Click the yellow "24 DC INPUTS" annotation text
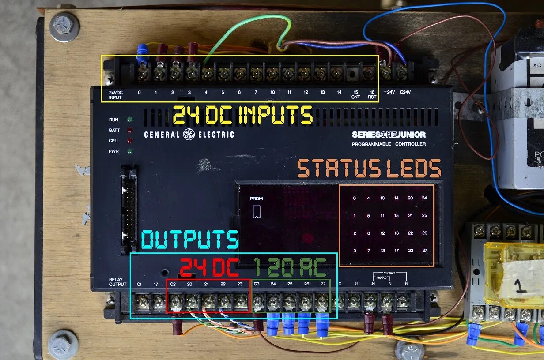(x=242, y=116)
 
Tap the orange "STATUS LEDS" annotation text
(x=369, y=169)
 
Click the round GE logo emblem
(x=189, y=135)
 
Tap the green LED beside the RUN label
(x=130, y=120)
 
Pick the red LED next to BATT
(x=130, y=131)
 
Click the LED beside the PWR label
(x=130, y=151)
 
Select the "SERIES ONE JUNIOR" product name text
(x=389, y=135)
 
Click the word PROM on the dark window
(x=256, y=199)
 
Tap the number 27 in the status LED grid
(x=424, y=251)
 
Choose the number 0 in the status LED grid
(x=354, y=198)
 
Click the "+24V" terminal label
(x=389, y=92)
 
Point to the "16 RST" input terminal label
(x=372, y=94)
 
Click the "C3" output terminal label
(x=257, y=284)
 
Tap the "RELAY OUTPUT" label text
(x=117, y=282)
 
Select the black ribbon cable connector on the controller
(x=129, y=210)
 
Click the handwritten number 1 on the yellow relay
(x=521, y=286)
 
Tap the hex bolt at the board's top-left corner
(x=64, y=26)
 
